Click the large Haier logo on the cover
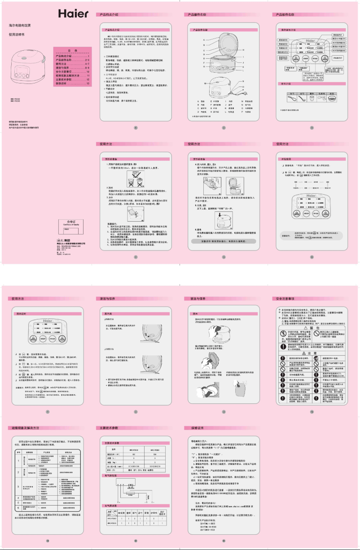click(73, 13)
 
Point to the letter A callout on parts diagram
click(204, 40)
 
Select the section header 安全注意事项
click(285, 299)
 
